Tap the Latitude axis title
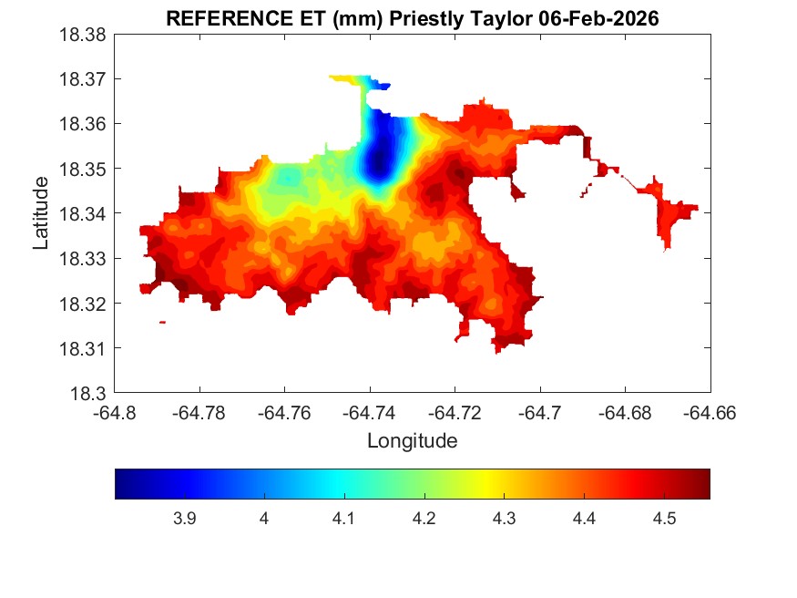40,213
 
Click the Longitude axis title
412,441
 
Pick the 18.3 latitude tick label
89,394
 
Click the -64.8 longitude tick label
116,413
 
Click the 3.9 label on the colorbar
184,519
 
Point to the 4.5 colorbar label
664,519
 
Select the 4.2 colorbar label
424,519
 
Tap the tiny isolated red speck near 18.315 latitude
162,322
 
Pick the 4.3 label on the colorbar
504,519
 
